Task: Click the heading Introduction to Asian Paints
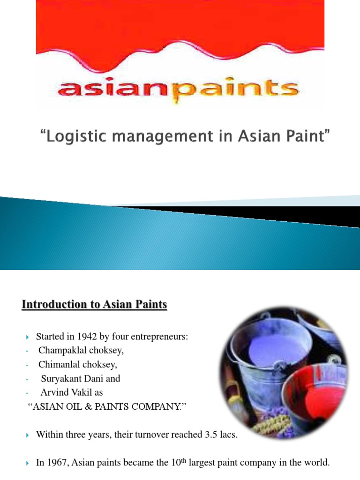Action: (94, 305)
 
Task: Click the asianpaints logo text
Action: (180, 89)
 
